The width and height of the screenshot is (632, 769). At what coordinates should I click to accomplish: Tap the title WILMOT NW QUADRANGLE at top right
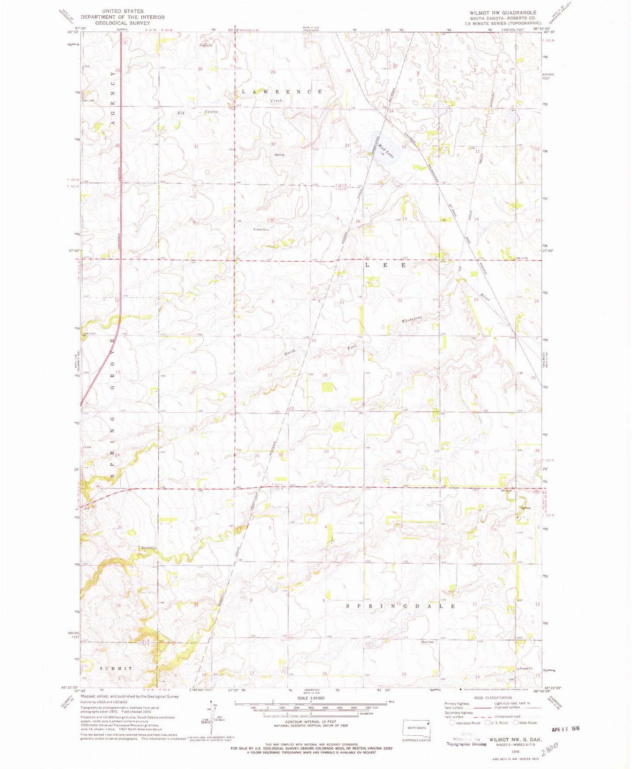(503, 13)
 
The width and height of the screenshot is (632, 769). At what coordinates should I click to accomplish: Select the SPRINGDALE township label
(400, 606)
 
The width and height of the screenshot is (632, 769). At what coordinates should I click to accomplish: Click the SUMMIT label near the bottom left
(116, 668)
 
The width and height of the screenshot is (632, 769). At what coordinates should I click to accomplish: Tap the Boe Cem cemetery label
(427, 642)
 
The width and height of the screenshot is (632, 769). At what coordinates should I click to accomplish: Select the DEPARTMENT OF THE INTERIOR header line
(122, 17)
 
